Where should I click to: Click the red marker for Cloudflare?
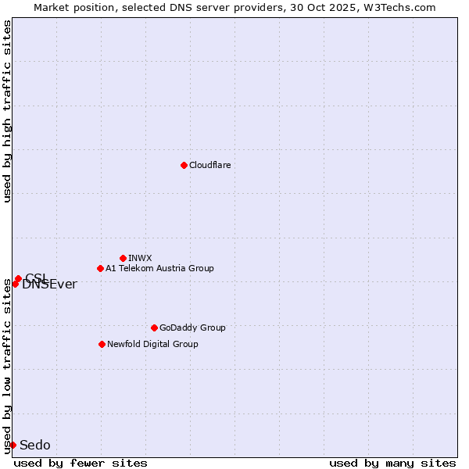[x=184, y=165]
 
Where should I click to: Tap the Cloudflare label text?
[x=209, y=165]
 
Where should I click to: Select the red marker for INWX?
[x=123, y=258]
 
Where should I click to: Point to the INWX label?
[x=140, y=258]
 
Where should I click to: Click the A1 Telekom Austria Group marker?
[x=100, y=268]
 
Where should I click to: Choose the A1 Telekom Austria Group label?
[x=159, y=268]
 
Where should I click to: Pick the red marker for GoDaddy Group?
[x=154, y=328]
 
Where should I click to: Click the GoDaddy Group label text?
[x=192, y=328]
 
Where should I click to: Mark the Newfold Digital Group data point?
[x=102, y=344]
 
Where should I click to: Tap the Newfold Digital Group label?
[x=152, y=344]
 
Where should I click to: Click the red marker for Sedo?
[x=13, y=445]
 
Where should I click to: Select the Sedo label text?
[x=34, y=445]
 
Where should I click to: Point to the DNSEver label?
[x=49, y=285]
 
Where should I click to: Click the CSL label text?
[x=36, y=277]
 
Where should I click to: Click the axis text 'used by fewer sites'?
[x=81, y=463]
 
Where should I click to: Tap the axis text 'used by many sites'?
[x=392, y=463]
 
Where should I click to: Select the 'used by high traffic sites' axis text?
[x=8, y=111]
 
